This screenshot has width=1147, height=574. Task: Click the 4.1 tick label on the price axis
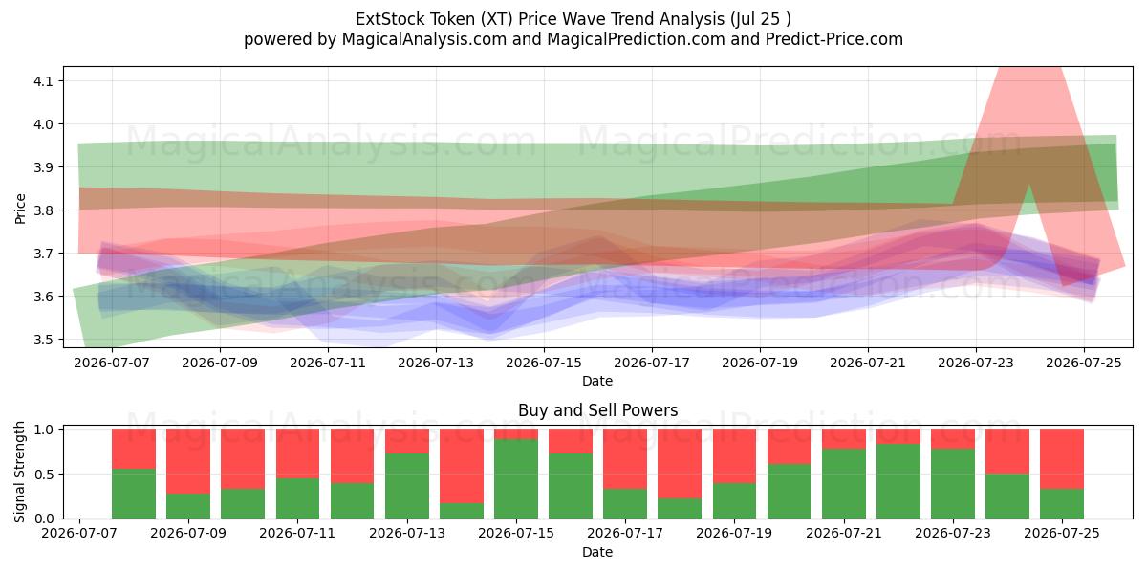point(44,81)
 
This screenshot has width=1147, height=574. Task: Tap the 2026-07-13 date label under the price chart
point(436,363)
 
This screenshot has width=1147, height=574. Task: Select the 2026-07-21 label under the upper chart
point(868,363)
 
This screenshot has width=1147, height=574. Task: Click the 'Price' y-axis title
point(20,209)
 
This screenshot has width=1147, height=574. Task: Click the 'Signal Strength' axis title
point(19,472)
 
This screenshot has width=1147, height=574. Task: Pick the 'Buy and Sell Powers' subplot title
point(597,410)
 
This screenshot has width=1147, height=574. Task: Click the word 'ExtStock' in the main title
point(390,19)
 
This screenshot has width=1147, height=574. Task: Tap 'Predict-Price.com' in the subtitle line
point(834,39)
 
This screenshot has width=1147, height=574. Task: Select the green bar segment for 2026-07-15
point(516,478)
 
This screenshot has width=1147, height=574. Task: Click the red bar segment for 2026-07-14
point(462,466)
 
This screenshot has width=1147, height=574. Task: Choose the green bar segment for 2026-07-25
point(1062,504)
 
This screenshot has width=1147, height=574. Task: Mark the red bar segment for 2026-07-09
point(188,461)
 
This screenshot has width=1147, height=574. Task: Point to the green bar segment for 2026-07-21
point(844,484)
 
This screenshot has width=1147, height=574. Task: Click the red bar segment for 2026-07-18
point(680,464)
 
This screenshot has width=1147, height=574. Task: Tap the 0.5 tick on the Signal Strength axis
point(44,475)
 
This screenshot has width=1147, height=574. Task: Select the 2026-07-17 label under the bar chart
point(625,534)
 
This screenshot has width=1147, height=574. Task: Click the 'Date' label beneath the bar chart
point(597,552)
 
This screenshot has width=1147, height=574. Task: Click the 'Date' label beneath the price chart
point(597,381)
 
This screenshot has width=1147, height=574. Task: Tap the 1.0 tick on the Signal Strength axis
point(44,429)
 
